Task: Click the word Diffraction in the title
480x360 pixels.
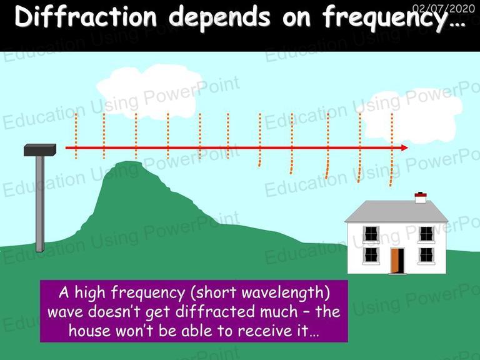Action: pos(86,16)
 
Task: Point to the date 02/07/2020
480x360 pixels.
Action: pos(443,8)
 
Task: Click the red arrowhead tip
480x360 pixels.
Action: pos(408,148)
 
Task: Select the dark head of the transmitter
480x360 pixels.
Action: pos(40,150)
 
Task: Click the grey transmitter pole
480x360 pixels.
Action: pos(40,204)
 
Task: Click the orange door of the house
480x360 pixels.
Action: pos(396,261)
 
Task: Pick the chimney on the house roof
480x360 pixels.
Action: pos(420,197)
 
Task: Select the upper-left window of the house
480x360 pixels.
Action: pos(371,234)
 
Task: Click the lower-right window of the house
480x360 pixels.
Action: pos(426,255)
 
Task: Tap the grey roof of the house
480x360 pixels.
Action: pos(396,211)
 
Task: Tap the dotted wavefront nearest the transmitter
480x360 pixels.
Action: pos(76,136)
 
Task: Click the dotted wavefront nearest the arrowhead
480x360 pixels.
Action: pos(391,150)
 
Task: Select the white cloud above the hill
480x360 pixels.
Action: pos(147,92)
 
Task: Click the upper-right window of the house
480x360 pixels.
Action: pos(426,234)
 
